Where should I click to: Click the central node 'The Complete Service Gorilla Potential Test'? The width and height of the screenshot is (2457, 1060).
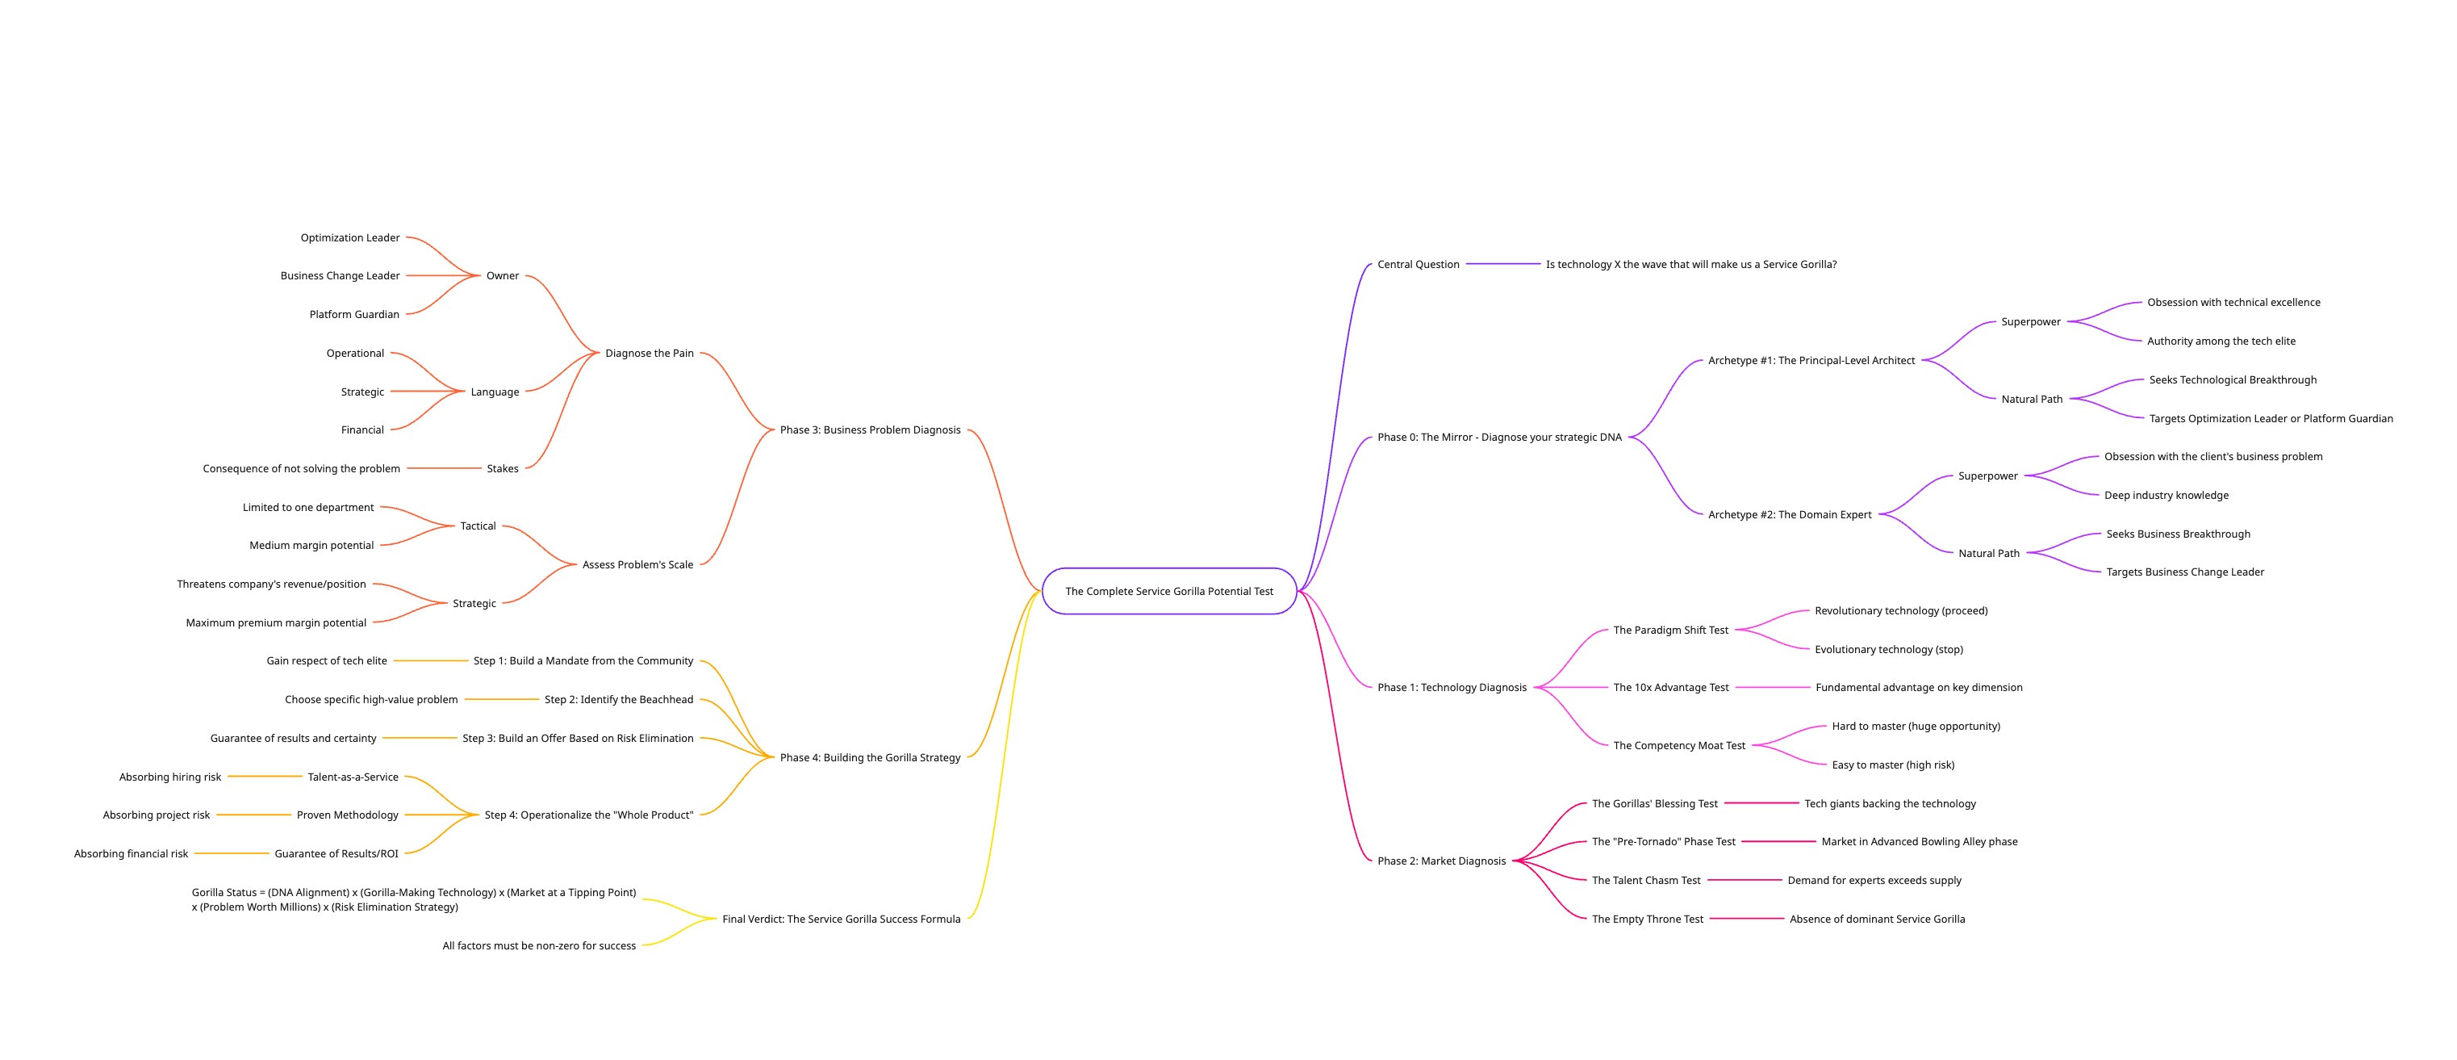(1168, 592)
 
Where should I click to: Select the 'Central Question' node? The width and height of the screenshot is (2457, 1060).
(1418, 264)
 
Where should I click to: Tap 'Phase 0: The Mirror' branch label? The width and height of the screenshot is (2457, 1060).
(1498, 437)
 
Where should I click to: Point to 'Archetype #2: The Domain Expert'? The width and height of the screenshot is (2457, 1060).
(1790, 514)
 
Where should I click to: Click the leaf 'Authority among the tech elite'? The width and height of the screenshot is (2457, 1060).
(2221, 341)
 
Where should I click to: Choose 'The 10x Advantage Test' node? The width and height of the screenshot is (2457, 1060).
(1670, 687)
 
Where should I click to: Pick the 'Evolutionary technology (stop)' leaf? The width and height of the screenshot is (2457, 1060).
(1888, 650)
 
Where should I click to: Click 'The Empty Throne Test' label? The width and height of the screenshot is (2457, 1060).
(1647, 919)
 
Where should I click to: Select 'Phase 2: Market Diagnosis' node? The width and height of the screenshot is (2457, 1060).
(1441, 861)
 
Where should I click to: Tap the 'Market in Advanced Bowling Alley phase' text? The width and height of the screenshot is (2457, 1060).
(1919, 841)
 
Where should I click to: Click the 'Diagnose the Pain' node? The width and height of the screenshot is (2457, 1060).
(650, 353)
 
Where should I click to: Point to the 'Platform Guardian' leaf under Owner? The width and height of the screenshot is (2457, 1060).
(354, 314)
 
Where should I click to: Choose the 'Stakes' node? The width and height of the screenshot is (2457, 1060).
(503, 468)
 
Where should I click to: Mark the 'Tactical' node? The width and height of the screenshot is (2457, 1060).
(478, 526)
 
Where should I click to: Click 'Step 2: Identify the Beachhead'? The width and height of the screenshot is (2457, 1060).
(618, 699)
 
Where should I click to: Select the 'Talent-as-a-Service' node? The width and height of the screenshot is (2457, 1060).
(353, 777)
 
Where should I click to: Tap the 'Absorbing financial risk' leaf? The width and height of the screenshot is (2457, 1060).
(131, 854)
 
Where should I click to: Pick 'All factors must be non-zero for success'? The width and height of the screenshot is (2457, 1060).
(539, 945)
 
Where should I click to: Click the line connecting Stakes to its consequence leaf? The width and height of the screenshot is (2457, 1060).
(444, 468)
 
